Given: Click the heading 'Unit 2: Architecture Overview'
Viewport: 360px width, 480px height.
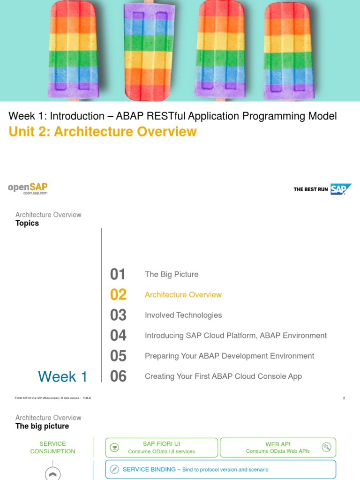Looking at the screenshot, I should [103, 132].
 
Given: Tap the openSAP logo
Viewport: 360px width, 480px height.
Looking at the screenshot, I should [28, 188].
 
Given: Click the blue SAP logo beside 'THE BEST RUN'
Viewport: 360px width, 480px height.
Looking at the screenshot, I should [340, 189].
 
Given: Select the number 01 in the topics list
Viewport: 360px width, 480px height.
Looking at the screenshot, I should [118, 275].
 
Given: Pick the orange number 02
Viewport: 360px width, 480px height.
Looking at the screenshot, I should [118, 295].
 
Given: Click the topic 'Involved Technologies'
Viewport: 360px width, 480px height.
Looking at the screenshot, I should [183, 315].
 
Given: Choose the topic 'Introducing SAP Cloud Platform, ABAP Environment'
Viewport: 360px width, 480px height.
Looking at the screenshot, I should [236, 336].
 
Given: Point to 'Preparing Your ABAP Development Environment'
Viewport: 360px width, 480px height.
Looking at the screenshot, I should [229, 356].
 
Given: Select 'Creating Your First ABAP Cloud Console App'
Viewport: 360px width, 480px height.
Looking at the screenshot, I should [223, 376].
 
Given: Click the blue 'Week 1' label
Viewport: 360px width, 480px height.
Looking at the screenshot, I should [62, 376].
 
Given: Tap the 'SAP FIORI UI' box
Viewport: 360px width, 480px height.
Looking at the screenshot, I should [161, 448].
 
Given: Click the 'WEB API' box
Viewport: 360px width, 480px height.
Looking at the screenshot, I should [278, 448].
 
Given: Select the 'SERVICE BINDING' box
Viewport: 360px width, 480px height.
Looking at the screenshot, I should [220, 469].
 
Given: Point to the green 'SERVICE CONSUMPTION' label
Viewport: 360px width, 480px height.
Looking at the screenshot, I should [52, 448].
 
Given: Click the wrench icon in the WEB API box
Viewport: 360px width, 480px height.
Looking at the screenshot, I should [326, 447].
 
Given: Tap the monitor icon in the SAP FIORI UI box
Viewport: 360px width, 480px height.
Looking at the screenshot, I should [114, 448].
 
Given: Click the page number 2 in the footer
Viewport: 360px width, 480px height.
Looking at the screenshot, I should [344, 398].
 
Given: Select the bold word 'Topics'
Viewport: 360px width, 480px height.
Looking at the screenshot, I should [27, 224].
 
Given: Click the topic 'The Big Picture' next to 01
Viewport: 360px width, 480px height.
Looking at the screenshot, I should [172, 275].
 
